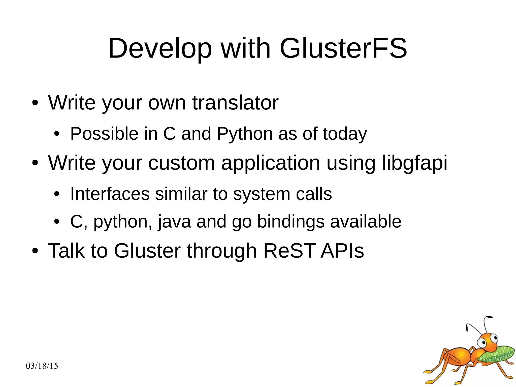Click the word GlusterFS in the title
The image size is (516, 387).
(343, 48)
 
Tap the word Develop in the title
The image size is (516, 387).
(160, 48)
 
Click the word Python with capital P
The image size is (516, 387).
(245, 134)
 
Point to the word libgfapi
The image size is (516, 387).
(415, 163)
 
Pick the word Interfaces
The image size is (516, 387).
(110, 194)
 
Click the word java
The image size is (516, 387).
(174, 222)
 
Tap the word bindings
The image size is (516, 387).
(291, 222)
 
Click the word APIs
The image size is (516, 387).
(342, 251)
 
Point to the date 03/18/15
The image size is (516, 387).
(42, 366)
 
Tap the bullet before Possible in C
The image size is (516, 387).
(57, 134)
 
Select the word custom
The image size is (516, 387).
(181, 163)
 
